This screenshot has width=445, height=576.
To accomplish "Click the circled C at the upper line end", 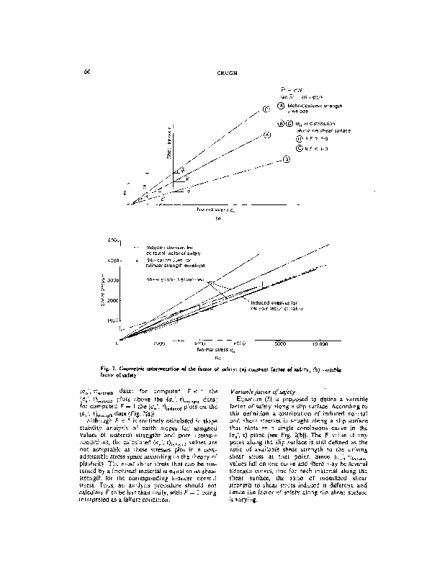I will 266,109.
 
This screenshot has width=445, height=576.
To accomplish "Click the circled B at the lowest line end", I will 286,159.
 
